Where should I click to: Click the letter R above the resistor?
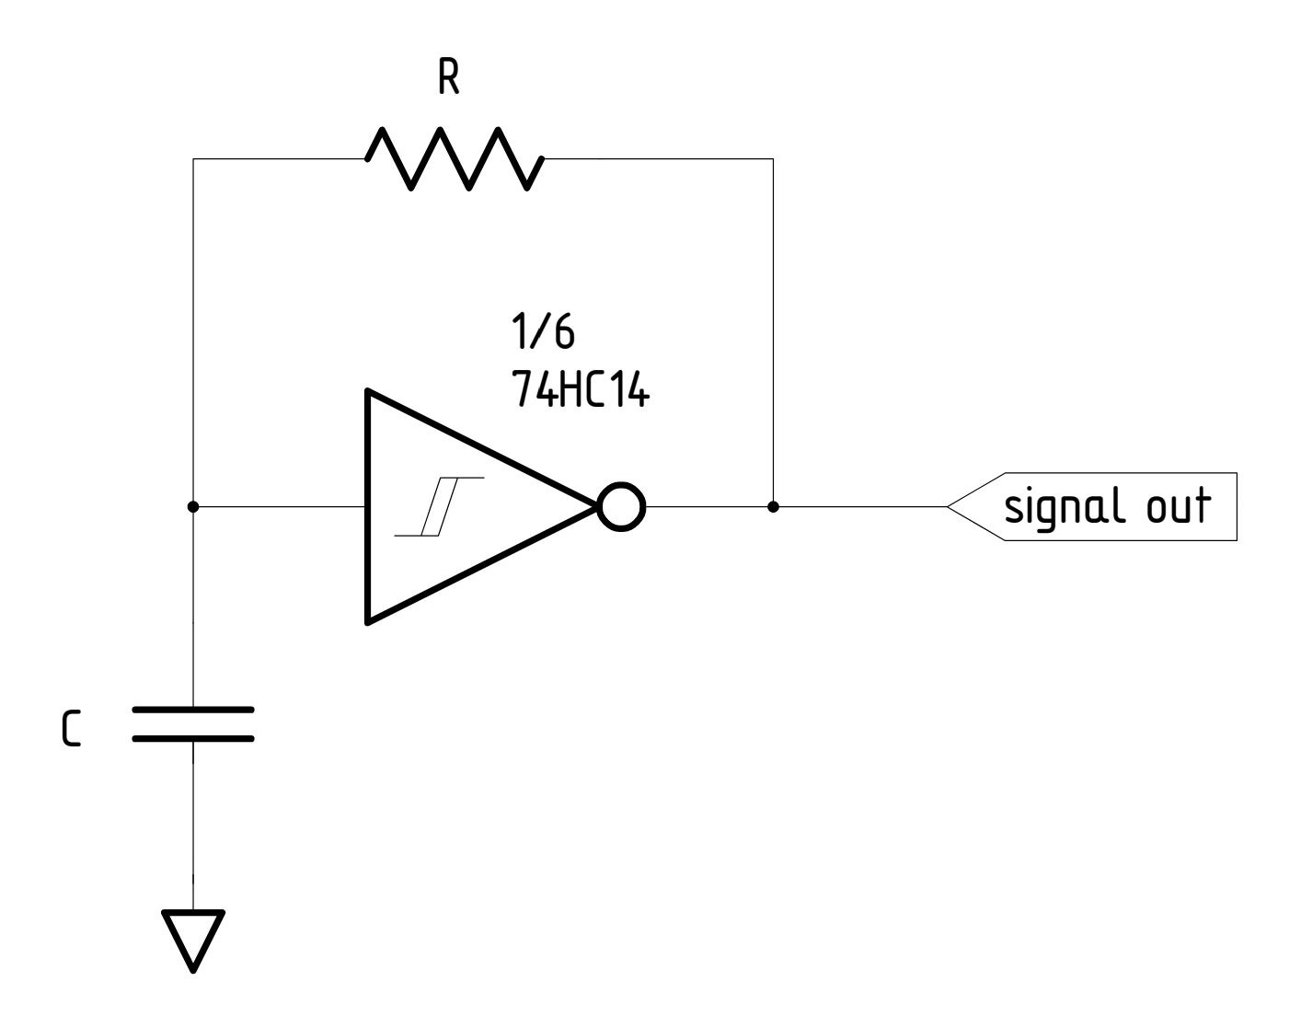pyautogui.click(x=448, y=81)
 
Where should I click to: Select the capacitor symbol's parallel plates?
pyautogui.click(x=193, y=723)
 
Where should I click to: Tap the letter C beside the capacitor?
pyautogui.click(x=70, y=728)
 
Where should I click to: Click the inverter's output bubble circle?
pyautogui.click(x=622, y=507)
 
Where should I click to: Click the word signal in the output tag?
pyautogui.click(x=1059, y=507)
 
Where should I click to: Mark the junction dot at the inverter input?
pyautogui.click(x=193, y=507)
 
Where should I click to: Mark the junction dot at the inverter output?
pyautogui.click(x=773, y=507)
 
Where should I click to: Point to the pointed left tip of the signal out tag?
pyautogui.click(x=949, y=507)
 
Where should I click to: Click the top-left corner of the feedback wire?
pyautogui.click(x=193, y=159)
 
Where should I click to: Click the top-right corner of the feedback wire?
pyautogui.click(x=773, y=159)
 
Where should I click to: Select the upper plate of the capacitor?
pyautogui.click(x=193, y=710)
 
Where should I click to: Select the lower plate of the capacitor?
pyautogui.click(x=193, y=738)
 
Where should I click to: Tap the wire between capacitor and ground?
pyautogui.click(x=193, y=810)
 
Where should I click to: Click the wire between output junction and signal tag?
pyautogui.click(x=860, y=507)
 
